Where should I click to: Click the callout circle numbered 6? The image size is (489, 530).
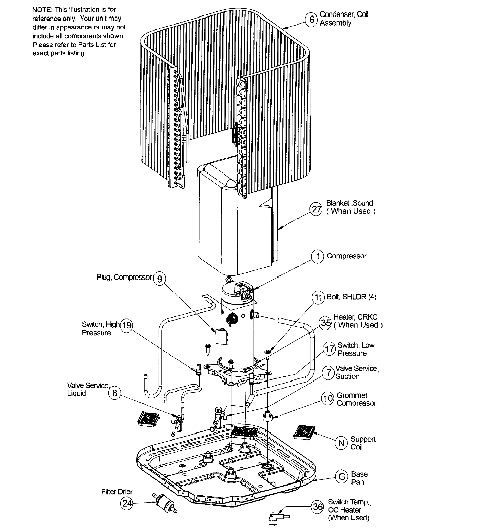pos(312,20)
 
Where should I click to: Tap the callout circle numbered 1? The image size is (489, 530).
pos(318,256)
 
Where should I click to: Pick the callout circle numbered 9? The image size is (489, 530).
pos(160,278)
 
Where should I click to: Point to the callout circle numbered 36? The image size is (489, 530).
pos(317,507)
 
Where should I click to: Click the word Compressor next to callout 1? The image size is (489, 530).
pos(347,256)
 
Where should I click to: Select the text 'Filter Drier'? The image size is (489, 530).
pos(117,492)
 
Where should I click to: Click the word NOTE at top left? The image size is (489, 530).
pos(42,10)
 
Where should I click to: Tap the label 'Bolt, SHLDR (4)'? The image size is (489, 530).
pos(351,297)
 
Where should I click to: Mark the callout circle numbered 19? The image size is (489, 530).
pos(126,325)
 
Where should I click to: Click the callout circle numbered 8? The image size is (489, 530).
pos(115,393)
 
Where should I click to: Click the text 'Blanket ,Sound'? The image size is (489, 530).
pos(349,203)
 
